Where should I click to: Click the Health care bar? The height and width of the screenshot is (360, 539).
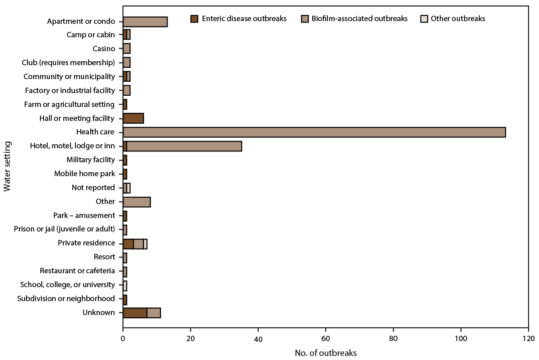click(x=314, y=132)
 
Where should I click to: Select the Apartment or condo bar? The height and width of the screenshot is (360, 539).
click(x=145, y=22)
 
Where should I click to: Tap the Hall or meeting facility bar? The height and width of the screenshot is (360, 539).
click(x=133, y=118)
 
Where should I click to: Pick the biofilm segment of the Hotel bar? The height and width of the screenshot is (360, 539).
click(x=184, y=146)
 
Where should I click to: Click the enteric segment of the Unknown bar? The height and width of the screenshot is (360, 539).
click(x=135, y=312)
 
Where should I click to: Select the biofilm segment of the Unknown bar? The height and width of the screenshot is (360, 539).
click(x=154, y=312)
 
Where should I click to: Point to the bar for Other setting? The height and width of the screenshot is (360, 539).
click(x=137, y=201)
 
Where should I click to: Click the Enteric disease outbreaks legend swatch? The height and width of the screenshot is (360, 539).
click(x=194, y=19)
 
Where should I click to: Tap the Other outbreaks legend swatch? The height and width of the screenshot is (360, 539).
click(x=424, y=19)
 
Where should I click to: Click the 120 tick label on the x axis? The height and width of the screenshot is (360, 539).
click(x=528, y=338)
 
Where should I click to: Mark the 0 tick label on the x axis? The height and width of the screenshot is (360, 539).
click(x=123, y=338)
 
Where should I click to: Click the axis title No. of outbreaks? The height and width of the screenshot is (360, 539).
click(x=326, y=353)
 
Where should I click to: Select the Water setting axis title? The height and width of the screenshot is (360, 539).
click(x=7, y=166)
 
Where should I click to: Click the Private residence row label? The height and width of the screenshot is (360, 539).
click(x=86, y=243)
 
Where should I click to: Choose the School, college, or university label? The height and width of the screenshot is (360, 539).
click(x=68, y=284)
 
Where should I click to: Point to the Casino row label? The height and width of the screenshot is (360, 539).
click(x=104, y=49)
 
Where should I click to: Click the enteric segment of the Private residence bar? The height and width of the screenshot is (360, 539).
click(x=128, y=243)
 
